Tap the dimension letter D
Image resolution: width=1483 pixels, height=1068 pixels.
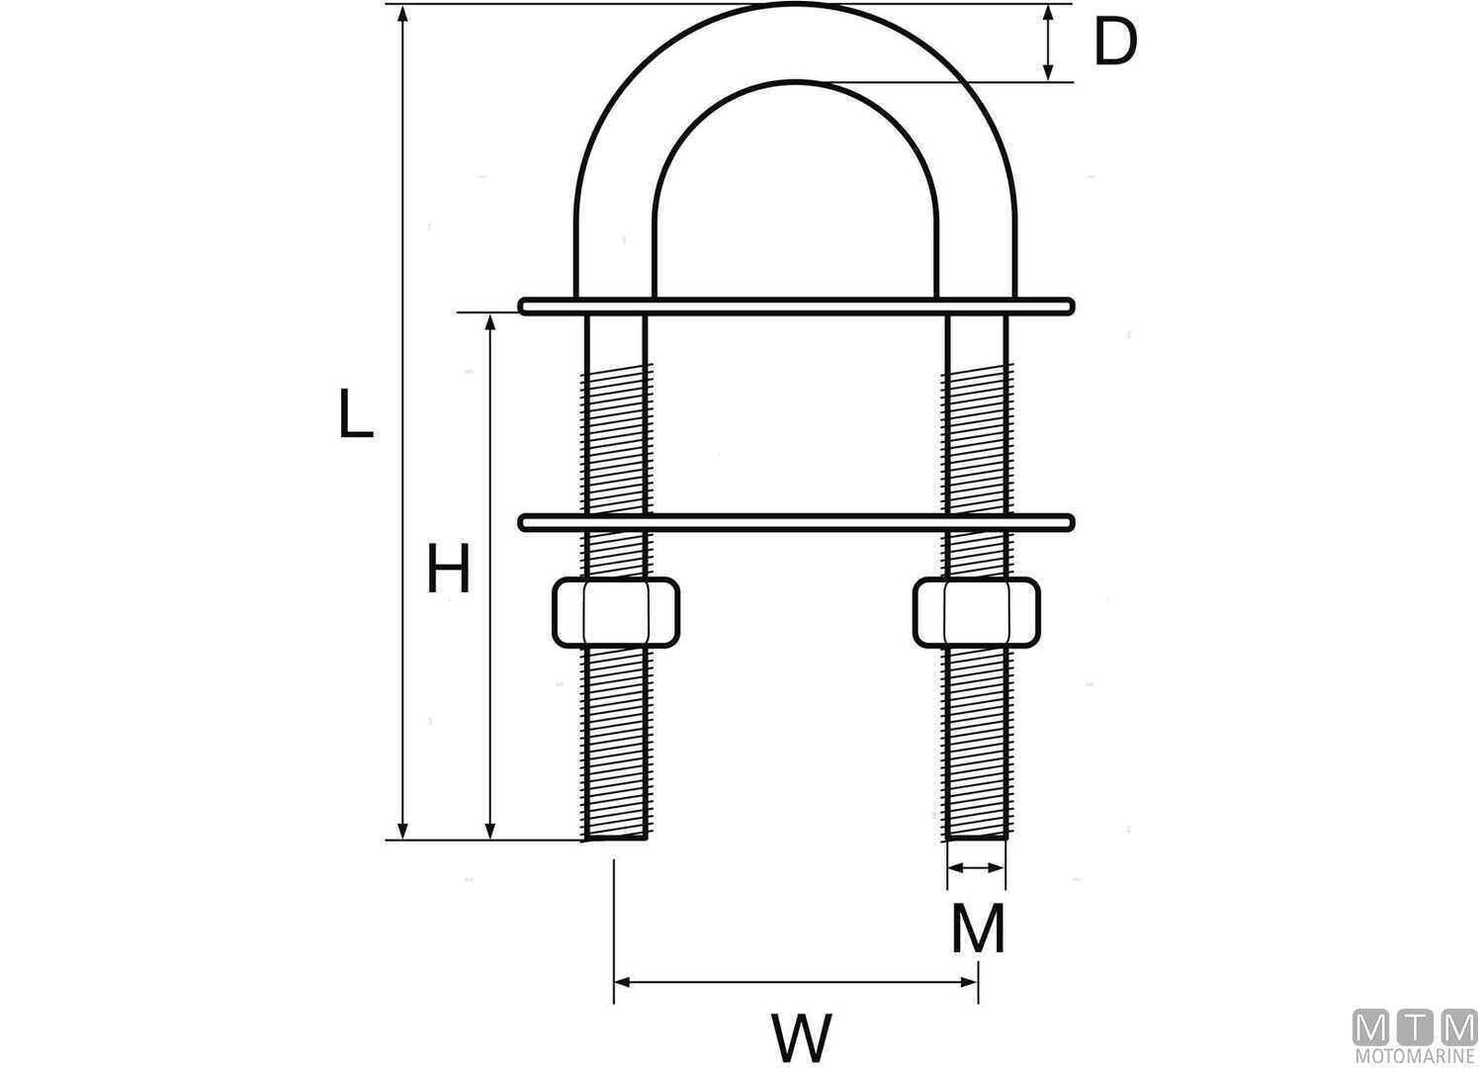click(1114, 44)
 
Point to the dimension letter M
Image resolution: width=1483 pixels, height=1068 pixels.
click(977, 929)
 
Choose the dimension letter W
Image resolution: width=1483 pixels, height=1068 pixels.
click(801, 1037)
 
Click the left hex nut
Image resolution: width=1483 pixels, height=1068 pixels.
click(615, 612)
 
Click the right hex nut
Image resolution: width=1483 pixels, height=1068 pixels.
click(976, 612)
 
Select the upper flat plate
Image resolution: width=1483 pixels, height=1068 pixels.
click(796, 306)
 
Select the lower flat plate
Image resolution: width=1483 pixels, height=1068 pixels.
click(796, 522)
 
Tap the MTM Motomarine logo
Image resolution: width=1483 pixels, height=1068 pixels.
click(1414, 1037)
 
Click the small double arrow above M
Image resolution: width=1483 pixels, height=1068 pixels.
click(976, 868)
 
